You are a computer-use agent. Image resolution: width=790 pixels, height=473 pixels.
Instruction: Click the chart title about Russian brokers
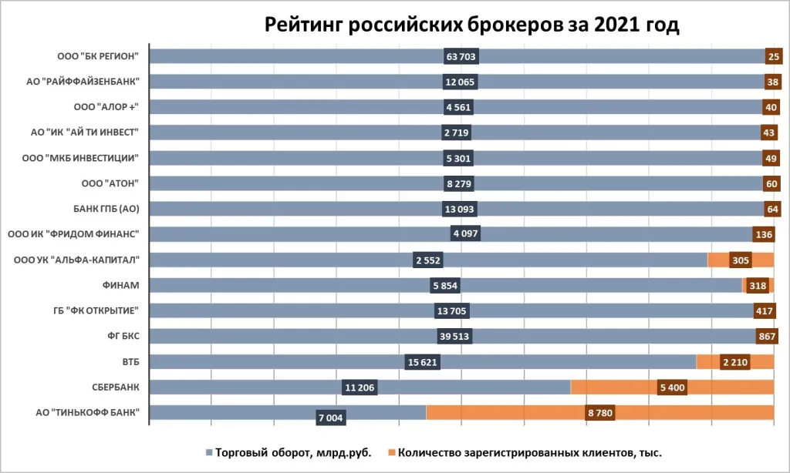point(471,24)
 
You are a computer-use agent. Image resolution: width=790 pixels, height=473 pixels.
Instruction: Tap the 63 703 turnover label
point(461,56)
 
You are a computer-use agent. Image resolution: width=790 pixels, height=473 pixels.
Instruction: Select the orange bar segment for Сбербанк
point(672,387)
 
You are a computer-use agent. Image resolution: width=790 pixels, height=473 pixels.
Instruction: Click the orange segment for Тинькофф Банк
point(600,413)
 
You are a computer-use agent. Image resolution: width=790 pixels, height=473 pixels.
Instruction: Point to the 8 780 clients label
point(600,413)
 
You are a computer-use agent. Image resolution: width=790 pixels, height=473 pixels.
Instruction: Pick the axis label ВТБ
point(130,362)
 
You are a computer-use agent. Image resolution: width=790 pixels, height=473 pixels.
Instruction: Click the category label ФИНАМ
point(121,285)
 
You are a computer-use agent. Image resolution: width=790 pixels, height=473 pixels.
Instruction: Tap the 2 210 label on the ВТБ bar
point(735,362)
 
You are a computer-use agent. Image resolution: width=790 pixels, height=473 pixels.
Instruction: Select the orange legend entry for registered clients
point(525,453)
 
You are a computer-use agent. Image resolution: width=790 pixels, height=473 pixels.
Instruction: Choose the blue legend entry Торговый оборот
point(289,453)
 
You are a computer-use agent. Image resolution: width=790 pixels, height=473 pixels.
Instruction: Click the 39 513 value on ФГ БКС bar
point(454,336)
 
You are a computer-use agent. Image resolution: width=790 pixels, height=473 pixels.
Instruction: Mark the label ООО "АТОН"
point(110,183)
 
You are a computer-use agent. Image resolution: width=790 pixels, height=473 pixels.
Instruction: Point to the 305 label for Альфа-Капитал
point(741,260)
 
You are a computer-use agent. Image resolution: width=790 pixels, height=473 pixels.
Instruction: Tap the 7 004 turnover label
point(331,418)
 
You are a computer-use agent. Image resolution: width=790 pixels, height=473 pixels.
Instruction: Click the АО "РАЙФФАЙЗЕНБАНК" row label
point(83,82)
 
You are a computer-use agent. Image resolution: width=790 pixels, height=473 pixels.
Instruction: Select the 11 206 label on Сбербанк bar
point(360,387)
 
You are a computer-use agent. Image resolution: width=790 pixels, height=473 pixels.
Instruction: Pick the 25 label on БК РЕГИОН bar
point(774,56)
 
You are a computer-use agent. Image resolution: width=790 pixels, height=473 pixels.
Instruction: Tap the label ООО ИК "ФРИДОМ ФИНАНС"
point(73,234)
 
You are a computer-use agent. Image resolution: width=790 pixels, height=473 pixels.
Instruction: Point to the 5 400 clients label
point(673,387)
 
